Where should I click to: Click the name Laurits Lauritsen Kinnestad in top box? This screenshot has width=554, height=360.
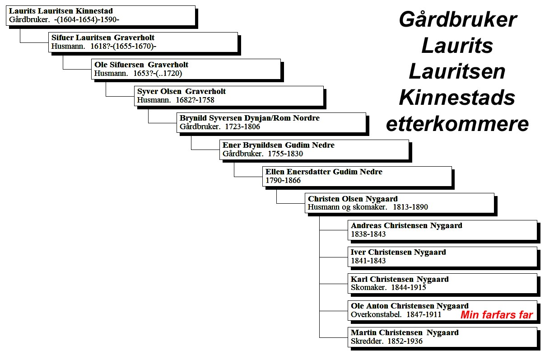coord(61,11)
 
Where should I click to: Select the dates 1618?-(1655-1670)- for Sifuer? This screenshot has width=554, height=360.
coord(123,46)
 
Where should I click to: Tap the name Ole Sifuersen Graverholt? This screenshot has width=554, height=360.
coord(141,65)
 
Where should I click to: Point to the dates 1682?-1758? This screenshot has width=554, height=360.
coord(195,100)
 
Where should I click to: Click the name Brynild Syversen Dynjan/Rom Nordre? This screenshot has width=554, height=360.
coord(250,118)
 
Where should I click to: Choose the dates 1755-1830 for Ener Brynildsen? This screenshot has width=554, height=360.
coord(285,154)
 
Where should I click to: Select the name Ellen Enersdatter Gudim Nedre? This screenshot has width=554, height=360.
coord(324,172)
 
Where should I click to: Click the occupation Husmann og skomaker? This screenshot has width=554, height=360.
coord(347,207)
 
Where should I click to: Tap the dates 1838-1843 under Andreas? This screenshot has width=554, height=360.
coord(368,234)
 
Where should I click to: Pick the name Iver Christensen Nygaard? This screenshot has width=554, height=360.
coord(398,252)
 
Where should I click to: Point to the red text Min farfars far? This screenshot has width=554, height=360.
coord(497,315)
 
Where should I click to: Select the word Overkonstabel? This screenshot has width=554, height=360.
coord(376,314)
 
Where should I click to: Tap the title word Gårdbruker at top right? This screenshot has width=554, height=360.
coord(458,20)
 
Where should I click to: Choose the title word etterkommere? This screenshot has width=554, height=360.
coord(457,124)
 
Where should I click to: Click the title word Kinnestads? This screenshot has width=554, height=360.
coord(457,98)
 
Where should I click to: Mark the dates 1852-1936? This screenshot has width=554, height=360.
coord(405,341)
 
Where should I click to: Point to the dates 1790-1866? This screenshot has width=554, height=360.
coord(283,180)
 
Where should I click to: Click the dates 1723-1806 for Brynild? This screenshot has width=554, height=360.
coord(242,126)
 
